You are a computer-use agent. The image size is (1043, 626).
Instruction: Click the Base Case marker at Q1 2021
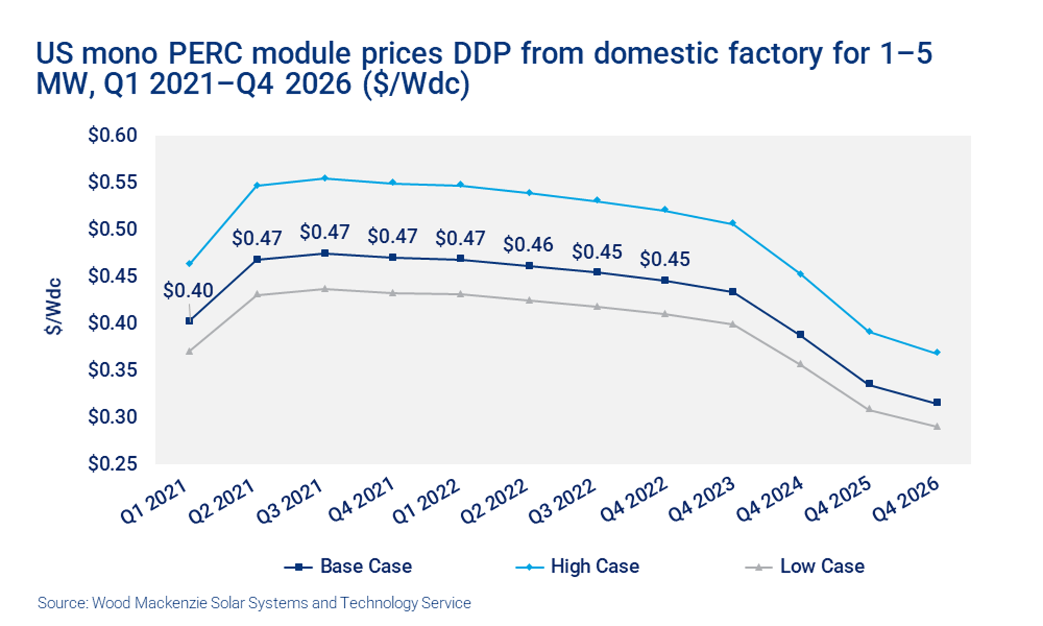(189, 321)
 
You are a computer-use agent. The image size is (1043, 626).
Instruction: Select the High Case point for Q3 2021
(325, 179)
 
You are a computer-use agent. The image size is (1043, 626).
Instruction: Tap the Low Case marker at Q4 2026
(937, 427)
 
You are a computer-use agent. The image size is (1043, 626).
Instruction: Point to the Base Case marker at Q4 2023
(733, 292)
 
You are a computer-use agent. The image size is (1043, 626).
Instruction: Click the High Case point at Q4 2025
(869, 332)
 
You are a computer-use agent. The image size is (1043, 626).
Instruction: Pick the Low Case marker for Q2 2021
(257, 295)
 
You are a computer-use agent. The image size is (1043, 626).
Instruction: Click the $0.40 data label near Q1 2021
(188, 290)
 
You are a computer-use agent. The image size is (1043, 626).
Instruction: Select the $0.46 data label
(528, 245)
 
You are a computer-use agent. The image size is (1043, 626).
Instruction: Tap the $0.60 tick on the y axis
(112, 135)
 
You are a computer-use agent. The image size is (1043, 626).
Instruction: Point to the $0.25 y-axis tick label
(112, 464)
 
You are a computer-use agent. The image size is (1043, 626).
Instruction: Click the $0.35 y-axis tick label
(112, 370)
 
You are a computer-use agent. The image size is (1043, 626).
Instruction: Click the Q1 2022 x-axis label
(426, 501)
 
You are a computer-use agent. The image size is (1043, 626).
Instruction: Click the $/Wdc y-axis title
(53, 307)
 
